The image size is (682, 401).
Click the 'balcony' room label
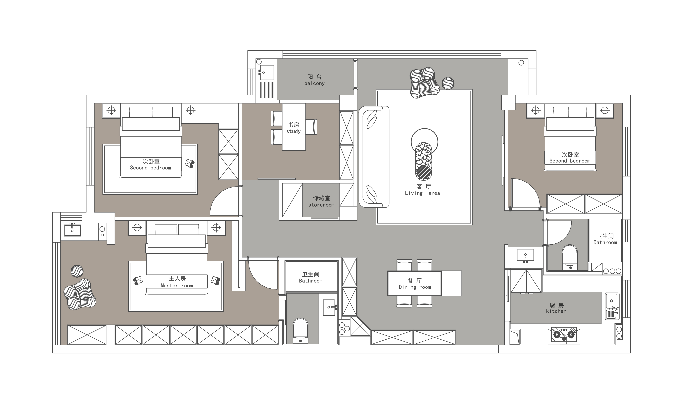314,83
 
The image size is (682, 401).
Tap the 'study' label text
293,131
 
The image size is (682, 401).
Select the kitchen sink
612,306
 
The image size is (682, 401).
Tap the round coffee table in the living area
424,142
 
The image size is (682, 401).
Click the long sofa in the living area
374,157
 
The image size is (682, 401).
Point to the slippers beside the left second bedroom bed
190,164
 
